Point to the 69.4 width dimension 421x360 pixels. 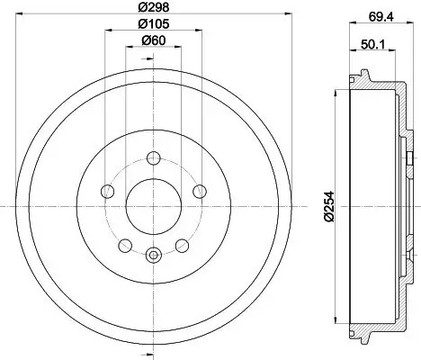[x=377, y=15]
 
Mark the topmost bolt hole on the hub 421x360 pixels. [x=153, y=159]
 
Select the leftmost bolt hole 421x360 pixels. [x=109, y=191]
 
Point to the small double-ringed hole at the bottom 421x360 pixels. [x=153, y=255]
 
